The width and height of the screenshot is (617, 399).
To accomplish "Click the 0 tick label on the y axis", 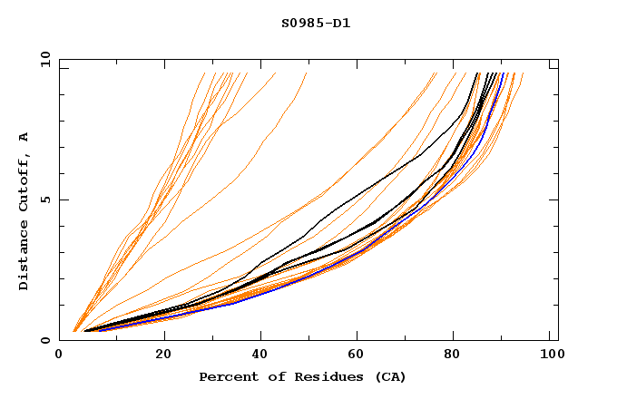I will click(x=44, y=340).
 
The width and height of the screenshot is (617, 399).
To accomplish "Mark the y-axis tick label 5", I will click(x=44, y=199).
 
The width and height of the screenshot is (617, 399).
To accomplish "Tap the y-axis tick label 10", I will click(x=44, y=60).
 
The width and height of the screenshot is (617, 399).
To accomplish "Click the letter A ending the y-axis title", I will click(x=24, y=137).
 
